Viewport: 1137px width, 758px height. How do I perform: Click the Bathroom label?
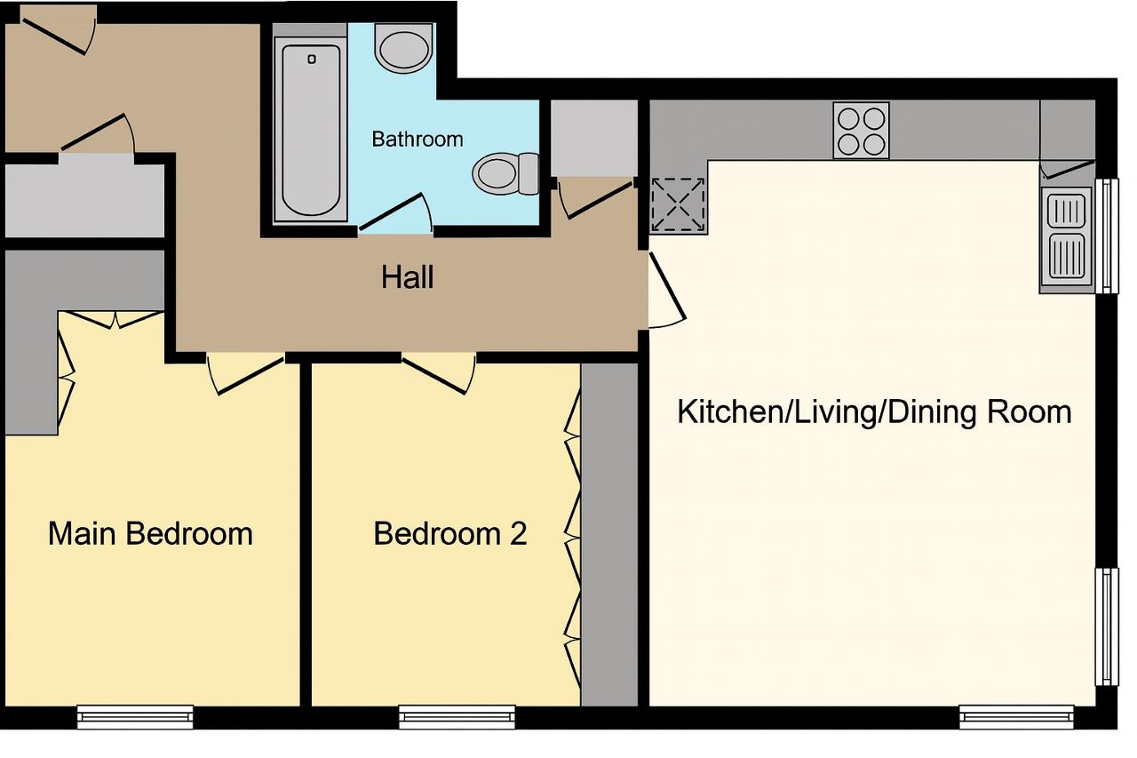pyautogui.click(x=417, y=140)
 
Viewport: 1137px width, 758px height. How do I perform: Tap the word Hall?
pyautogui.click(x=407, y=277)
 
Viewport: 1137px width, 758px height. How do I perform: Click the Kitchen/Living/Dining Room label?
pyautogui.click(x=874, y=411)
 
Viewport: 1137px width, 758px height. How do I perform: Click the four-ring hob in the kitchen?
pyautogui.click(x=861, y=131)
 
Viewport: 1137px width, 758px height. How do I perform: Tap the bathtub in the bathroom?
pyautogui.click(x=311, y=131)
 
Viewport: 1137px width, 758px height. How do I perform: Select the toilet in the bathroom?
pyautogui.click(x=505, y=173)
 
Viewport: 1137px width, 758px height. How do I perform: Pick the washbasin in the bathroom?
pyautogui.click(x=404, y=48)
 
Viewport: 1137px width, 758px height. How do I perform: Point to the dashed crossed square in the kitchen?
pyautogui.click(x=678, y=204)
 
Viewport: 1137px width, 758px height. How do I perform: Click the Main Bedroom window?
pyautogui.click(x=135, y=717)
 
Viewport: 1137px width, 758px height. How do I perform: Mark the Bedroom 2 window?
pyautogui.click(x=457, y=717)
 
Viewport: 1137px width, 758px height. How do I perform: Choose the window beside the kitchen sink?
pyautogui.click(x=1107, y=236)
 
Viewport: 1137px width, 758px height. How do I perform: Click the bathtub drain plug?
pyautogui.click(x=312, y=60)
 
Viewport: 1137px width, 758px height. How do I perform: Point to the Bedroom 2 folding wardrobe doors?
pyautogui.click(x=573, y=539)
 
